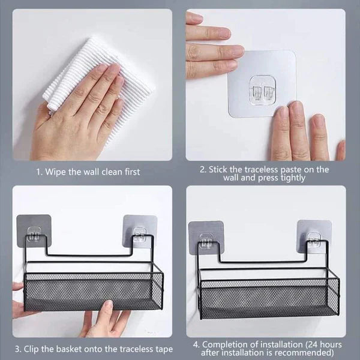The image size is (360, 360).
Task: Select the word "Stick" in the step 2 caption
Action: [220, 169]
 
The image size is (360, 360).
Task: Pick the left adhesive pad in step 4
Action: [205, 235]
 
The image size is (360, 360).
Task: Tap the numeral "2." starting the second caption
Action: [203, 169]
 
